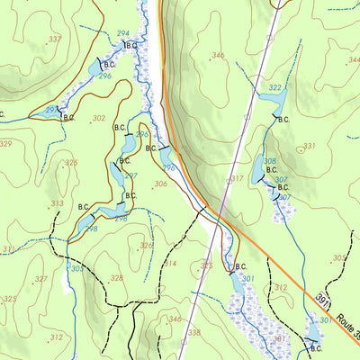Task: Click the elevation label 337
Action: (55, 39)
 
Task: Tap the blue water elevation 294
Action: (122, 33)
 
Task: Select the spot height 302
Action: (98, 118)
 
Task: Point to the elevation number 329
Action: (6, 144)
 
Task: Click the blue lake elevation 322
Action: (275, 87)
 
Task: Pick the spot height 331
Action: (309, 146)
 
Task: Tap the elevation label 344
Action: (353, 60)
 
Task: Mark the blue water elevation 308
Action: (268, 162)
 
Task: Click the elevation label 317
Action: (236, 179)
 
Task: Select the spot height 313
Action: (57, 203)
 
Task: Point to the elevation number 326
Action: (146, 245)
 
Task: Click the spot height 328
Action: (116, 278)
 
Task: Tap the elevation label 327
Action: (40, 279)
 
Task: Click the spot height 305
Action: (338, 257)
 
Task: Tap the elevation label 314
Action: (170, 264)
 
